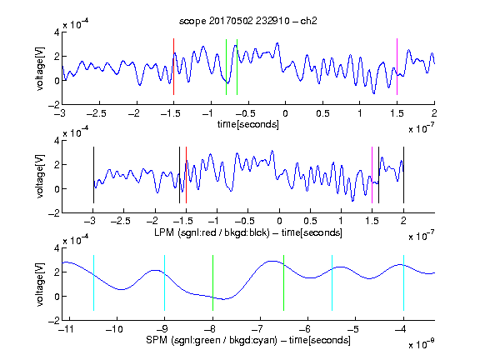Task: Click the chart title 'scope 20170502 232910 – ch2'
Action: click(x=248, y=21)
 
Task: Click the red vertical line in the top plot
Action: click(x=173, y=67)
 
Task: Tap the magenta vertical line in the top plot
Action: click(x=397, y=67)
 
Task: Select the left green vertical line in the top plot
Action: click(x=226, y=67)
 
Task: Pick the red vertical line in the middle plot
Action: click(x=186, y=175)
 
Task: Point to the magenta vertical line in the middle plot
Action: click(x=372, y=175)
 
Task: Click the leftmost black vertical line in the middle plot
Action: click(x=93, y=175)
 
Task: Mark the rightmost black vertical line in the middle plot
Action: click(x=403, y=175)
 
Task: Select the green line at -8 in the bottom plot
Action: click(x=212, y=282)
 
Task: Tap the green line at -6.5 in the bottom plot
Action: click(x=284, y=282)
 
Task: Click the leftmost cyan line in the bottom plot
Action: click(x=93, y=282)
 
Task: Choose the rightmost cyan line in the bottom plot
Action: click(x=403, y=282)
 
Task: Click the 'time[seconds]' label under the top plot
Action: click(x=248, y=124)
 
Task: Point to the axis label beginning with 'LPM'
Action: click(x=248, y=232)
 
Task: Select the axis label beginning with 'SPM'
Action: click(x=248, y=340)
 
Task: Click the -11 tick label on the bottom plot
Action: click(x=66, y=329)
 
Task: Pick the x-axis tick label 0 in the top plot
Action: click(x=285, y=113)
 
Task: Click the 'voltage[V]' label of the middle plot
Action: click(x=40, y=177)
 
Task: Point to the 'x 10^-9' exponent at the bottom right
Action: click(x=422, y=345)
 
